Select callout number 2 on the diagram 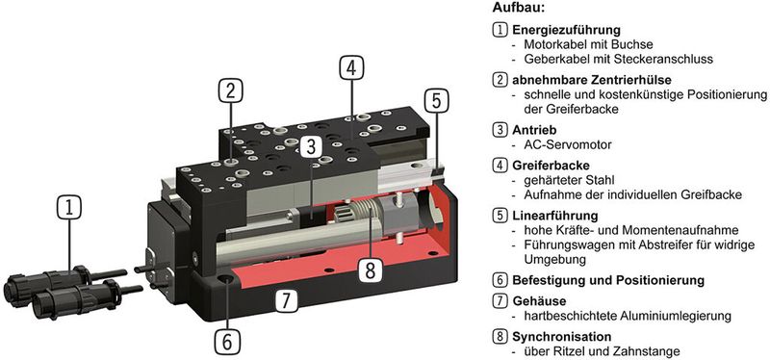pos(228,91)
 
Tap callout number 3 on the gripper pos(310,146)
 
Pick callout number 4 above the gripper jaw pos(351,68)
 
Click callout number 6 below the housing pos(227,340)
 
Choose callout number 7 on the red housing pos(285,298)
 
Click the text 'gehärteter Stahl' pos(569,180)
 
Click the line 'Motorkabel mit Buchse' pos(588,45)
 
